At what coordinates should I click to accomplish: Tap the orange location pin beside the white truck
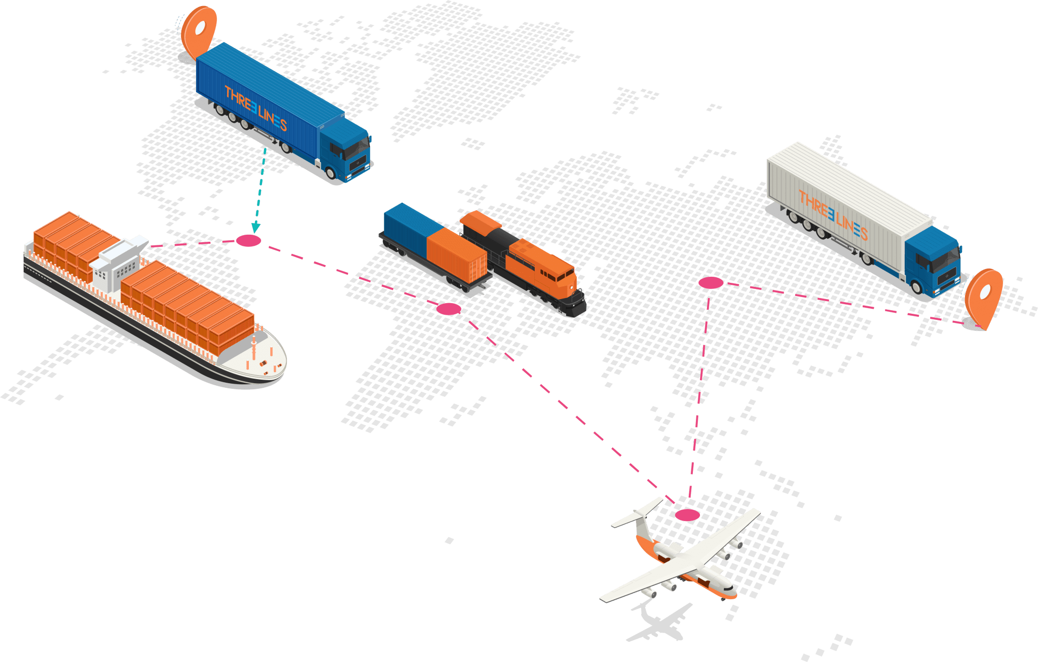pyautogui.click(x=984, y=295)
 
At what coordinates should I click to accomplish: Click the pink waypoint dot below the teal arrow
pyautogui.click(x=249, y=240)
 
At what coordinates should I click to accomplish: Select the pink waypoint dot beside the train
pyautogui.click(x=449, y=309)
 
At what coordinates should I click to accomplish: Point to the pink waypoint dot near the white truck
pyautogui.click(x=711, y=283)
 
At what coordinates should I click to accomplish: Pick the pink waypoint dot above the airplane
pyautogui.click(x=687, y=515)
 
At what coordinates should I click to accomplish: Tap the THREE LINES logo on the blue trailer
pyautogui.click(x=256, y=108)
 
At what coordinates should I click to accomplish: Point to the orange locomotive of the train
pyautogui.click(x=537, y=264)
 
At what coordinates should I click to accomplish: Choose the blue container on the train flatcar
pyautogui.click(x=405, y=223)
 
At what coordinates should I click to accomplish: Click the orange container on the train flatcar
pyautogui.click(x=454, y=253)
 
